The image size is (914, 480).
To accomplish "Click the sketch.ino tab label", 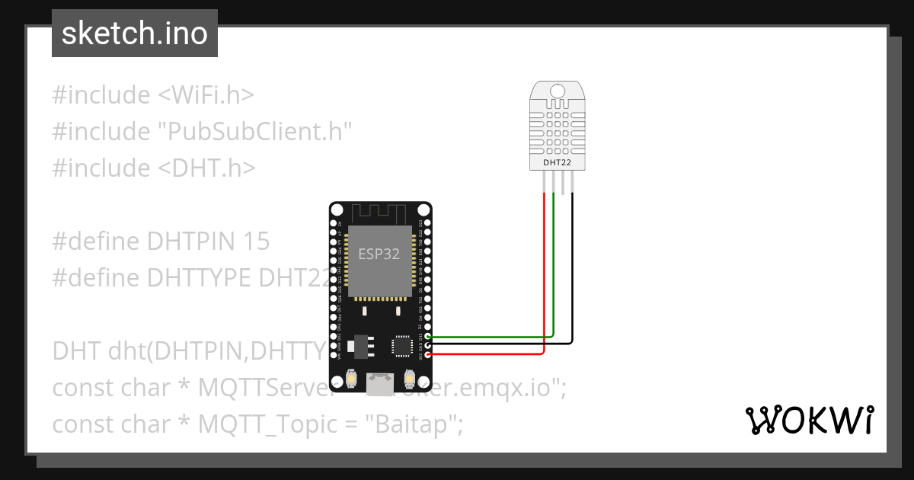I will (x=134, y=34).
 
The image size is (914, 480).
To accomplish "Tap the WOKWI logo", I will (x=809, y=420).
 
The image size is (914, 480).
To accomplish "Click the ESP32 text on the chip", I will (x=379, y=254).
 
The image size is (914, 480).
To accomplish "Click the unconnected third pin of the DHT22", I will (x=563, y=183).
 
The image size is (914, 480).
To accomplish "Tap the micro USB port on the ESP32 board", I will (x=379, y=382).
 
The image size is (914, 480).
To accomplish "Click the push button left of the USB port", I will (x=352, y=378).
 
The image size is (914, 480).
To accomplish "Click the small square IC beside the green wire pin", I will (x=401, y=347).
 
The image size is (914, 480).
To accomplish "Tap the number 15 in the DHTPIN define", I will (x=257, y=242).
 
